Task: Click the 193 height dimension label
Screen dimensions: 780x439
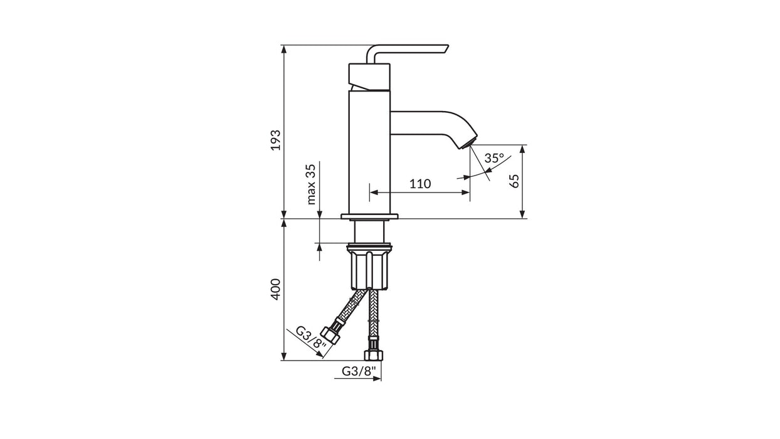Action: click(275, 140)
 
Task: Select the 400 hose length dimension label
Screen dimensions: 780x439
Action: click(275, 289)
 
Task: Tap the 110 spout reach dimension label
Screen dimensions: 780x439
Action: click(420, 184)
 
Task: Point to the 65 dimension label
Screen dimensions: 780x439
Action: click(514, 181)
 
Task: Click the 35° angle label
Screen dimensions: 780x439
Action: click(494, 158)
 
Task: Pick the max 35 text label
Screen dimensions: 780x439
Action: click(311, 184)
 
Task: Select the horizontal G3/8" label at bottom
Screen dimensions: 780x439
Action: click(359, 371)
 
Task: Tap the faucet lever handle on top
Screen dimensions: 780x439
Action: click(408, 54)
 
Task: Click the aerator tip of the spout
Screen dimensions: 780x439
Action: click(468, 144)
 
